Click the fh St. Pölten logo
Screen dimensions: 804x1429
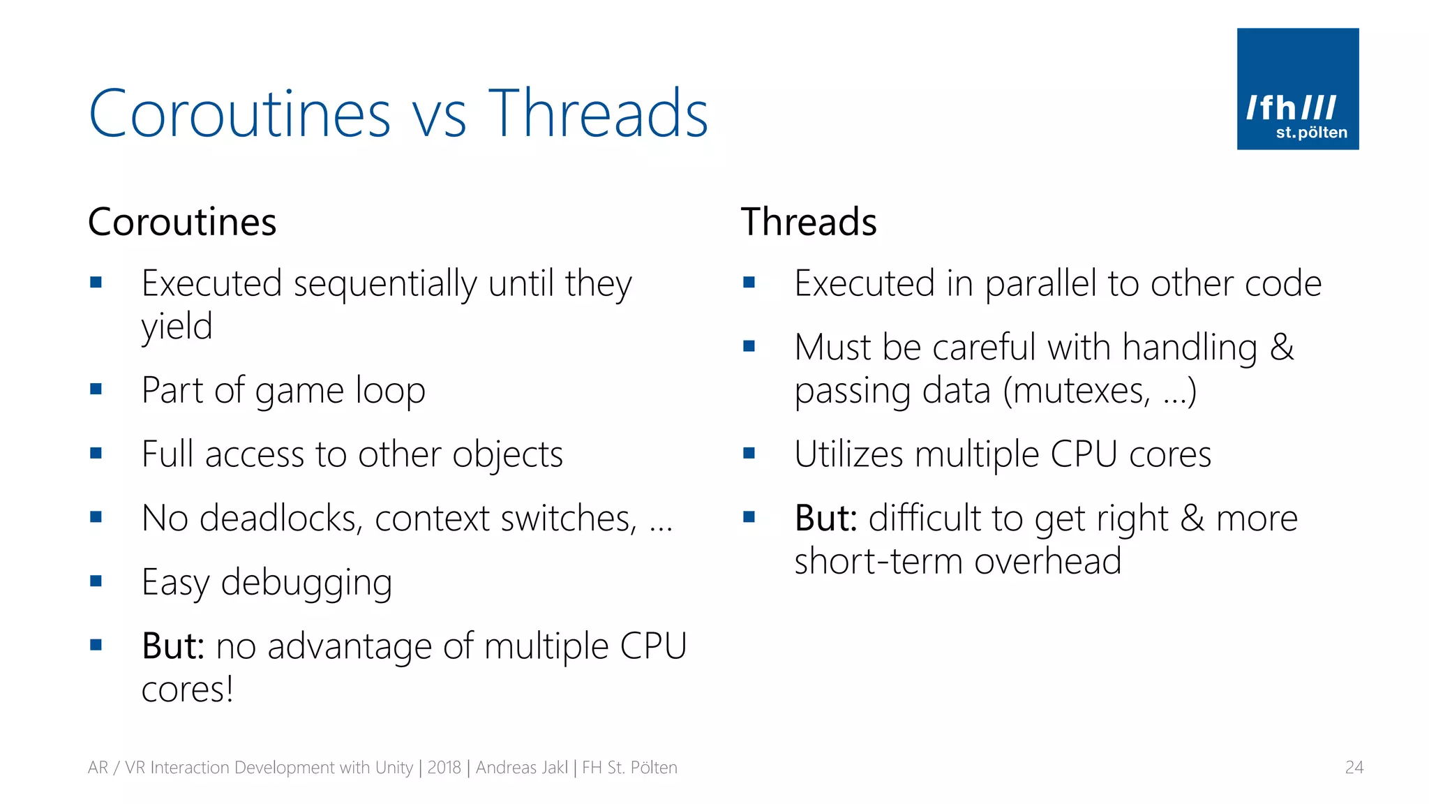[x=1297, y=89]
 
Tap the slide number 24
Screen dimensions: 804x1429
[x=1354, y=767]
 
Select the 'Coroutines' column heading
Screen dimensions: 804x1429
[x=182, y=222]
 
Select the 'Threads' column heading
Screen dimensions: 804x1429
[x=808, y=222]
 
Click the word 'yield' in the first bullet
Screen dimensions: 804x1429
[x=177, y=327]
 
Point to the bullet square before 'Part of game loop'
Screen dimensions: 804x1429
[x=96, y=389]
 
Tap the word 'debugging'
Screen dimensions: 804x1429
[x=306, y=583]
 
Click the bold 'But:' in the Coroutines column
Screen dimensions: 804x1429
[x=172, y=646]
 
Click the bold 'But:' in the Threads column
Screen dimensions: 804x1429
[x=825, y=518]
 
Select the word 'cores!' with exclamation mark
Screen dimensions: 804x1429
[x=187, y=690]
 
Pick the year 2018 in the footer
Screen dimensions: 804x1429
[x=444, y=767]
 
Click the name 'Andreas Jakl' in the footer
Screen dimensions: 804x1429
[x=521, y=767]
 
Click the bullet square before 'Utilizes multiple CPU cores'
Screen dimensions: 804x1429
[x=749, y=454]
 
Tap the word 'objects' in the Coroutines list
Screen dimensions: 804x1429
[x=507, y=455]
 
